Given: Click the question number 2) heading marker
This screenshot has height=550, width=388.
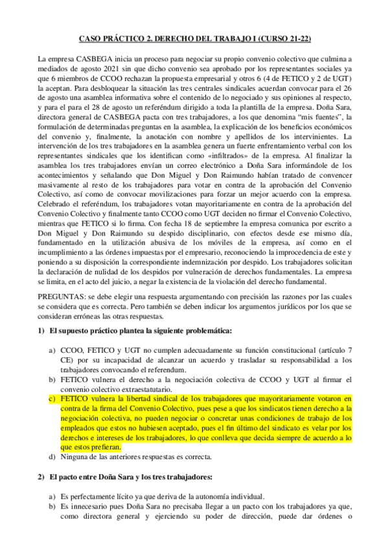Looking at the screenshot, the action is point(41,477).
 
